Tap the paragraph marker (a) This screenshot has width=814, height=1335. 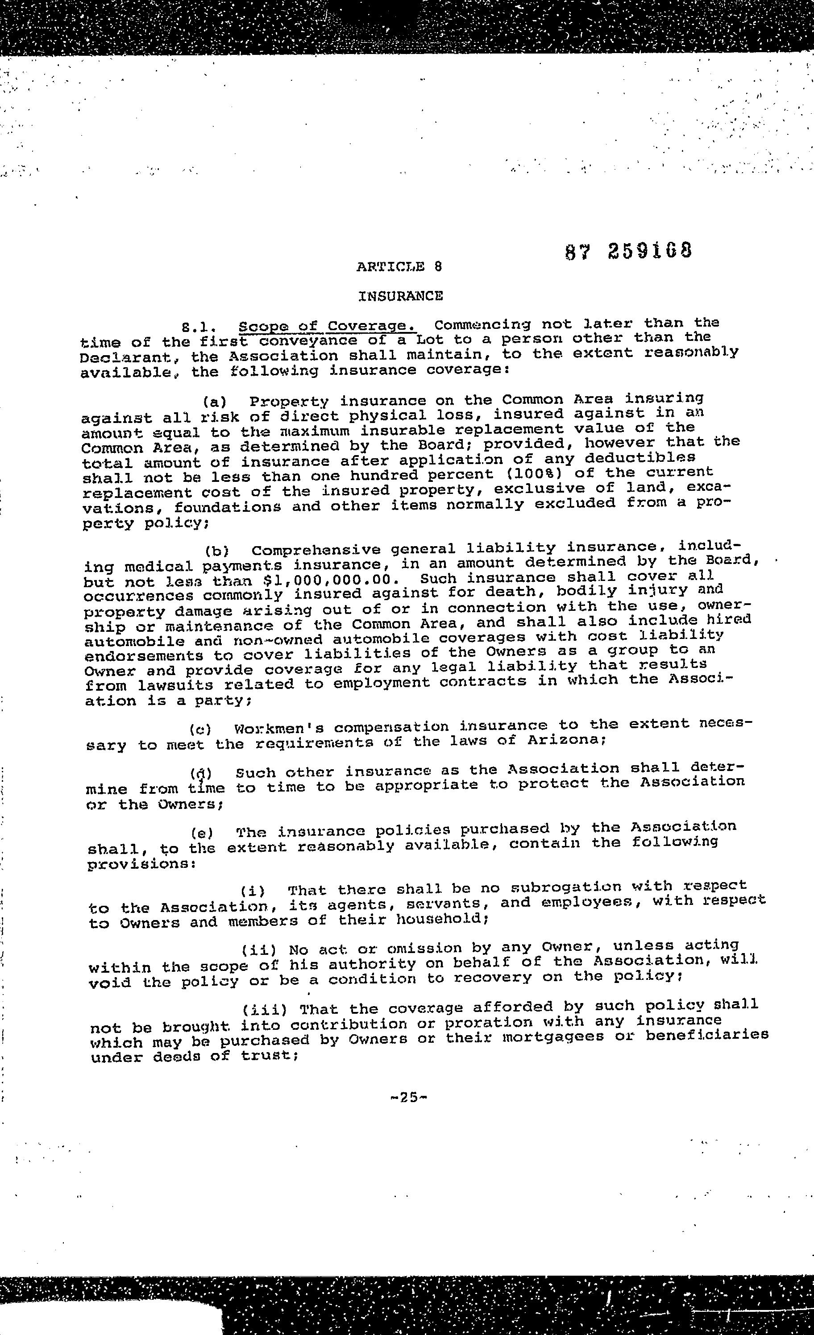click(215, 402)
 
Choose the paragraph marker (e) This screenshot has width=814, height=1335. click(202, 832)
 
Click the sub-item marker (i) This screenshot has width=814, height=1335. click(253, 890)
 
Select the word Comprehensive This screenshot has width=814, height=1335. click(316, 551)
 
